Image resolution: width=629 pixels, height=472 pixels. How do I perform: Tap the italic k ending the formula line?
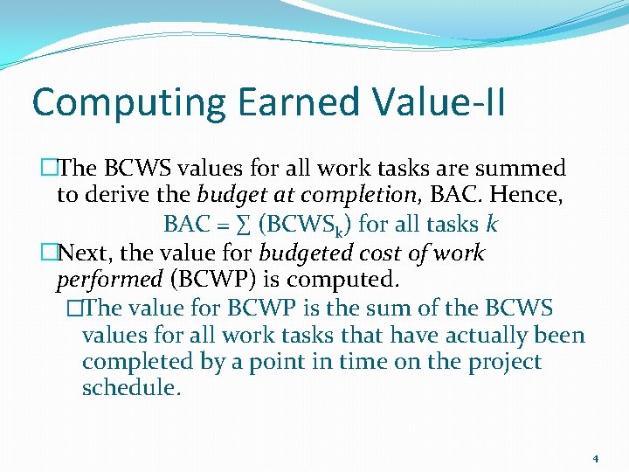coord(492,224)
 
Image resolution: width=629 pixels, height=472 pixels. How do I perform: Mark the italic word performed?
coord(109,281)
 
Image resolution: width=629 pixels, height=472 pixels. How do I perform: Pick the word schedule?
coord(131,388)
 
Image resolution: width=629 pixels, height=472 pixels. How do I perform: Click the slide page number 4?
coord(595,459)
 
